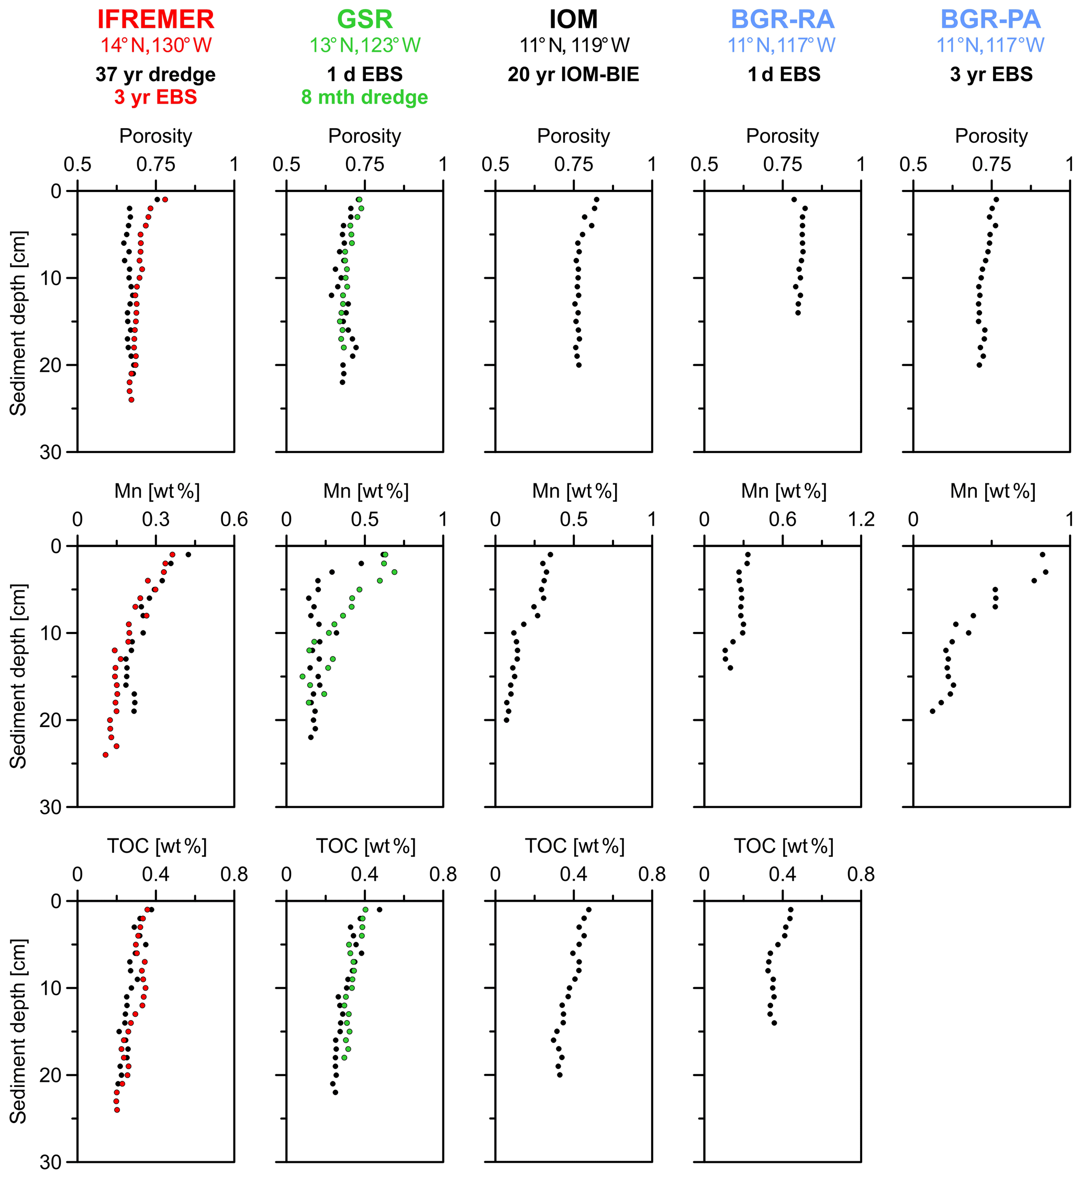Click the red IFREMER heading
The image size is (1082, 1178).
(156, 19)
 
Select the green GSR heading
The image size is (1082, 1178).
(364, 19)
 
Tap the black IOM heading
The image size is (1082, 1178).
(573, 19)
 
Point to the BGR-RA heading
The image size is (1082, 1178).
(782, 19)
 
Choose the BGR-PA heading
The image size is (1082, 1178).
(991, 19)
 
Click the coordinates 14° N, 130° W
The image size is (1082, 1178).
(156, 45)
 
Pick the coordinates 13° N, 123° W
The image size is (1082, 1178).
(364, 45)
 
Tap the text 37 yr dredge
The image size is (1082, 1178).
(156, 74)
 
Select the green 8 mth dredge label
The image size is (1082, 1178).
(364, 97)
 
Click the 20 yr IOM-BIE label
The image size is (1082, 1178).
(573, 74)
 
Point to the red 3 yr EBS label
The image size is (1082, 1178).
(156, 97)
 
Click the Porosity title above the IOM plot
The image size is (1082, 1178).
(573, 136)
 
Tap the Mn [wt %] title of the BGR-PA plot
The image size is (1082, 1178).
(992, 491)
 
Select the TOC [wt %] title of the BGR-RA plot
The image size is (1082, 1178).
(784, 846)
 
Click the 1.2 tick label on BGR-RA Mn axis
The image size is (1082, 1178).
(861, 519)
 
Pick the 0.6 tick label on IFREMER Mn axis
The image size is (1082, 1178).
(234, 519)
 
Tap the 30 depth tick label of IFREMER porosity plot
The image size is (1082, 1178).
(50, 452)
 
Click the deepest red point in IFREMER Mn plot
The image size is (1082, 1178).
(105, 755)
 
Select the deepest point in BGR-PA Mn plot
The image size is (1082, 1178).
(933, 711)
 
